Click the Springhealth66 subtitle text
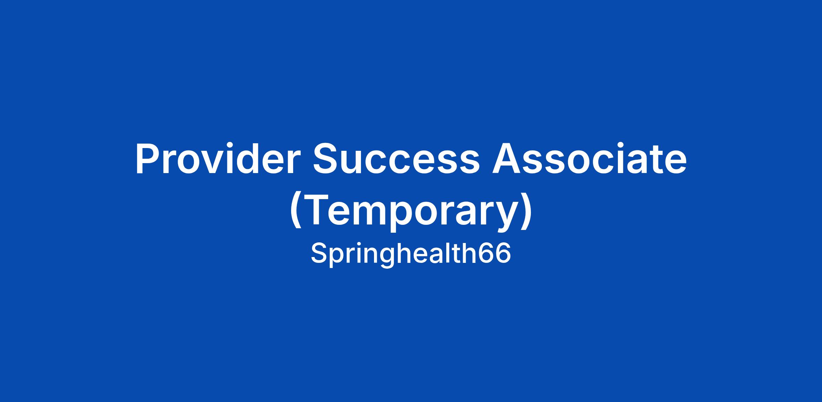coord(411,254)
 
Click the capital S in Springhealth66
coord(319,253)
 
